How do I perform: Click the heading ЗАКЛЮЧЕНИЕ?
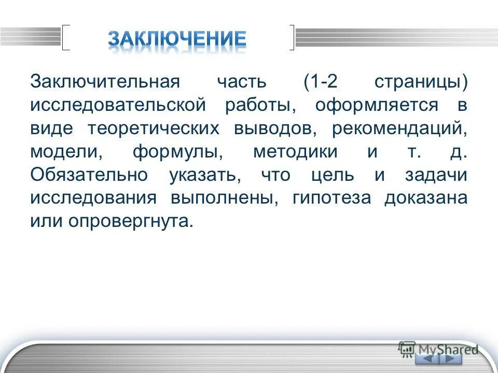point(177,39)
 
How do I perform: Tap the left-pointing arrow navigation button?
point(426,358)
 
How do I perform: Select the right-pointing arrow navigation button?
point(450,358)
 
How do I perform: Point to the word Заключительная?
point(105,82)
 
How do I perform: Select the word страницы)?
point(420,82)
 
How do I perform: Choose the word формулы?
point(174,152)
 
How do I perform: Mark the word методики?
point(295,152)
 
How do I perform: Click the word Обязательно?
point(89,175)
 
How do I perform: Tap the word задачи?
point(436,175)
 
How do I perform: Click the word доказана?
point(425,198)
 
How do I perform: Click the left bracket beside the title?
point(65,37)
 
